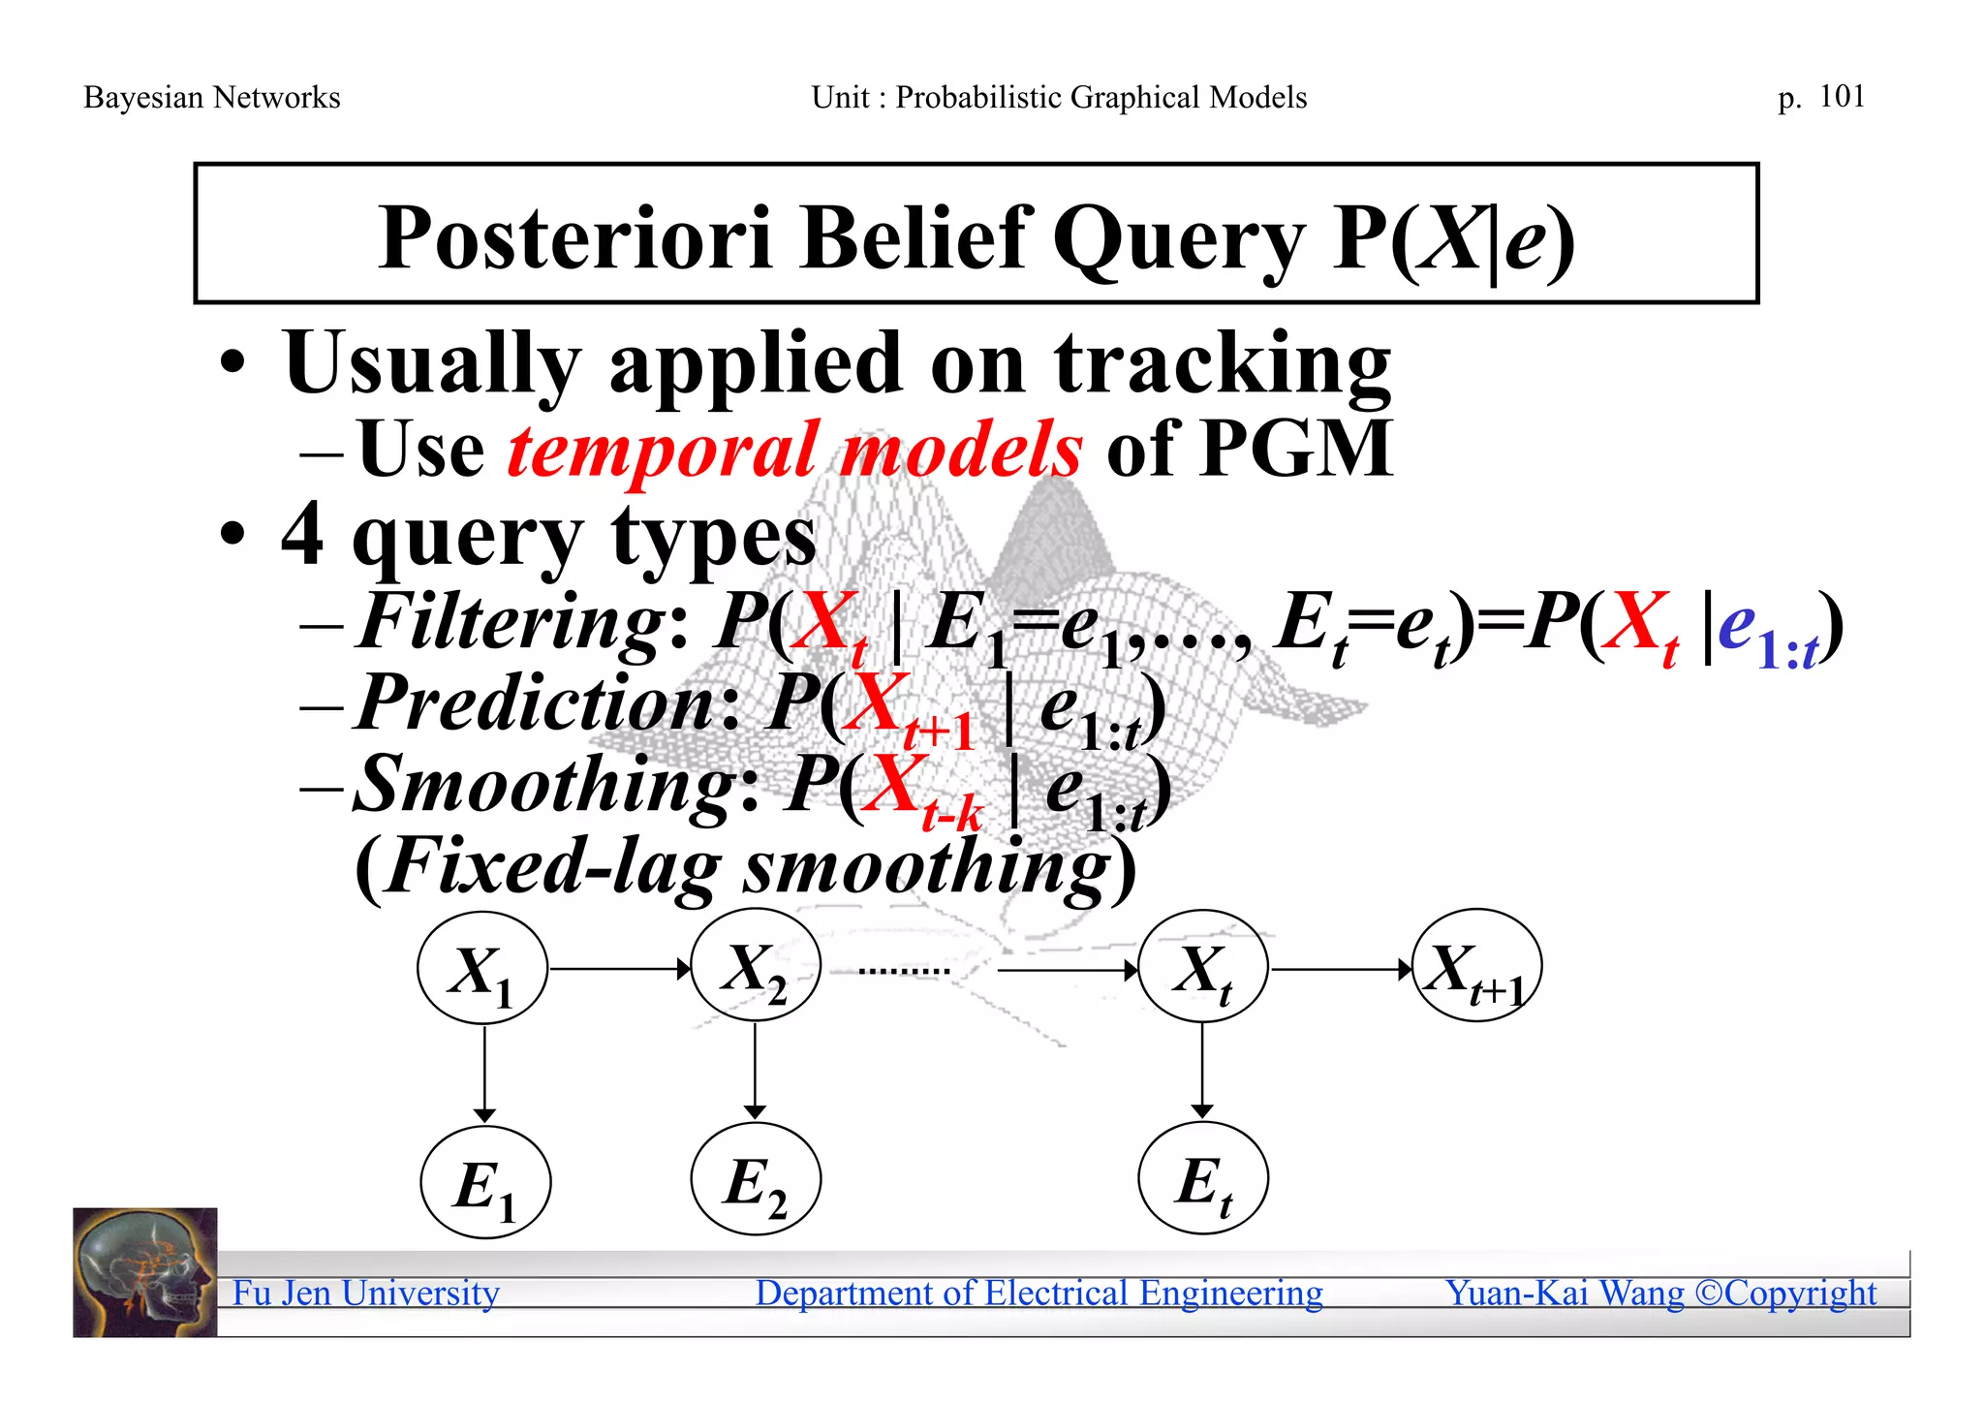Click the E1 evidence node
click(x=485, y=1183)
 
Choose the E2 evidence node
click(x=756, y=1180)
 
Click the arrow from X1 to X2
click(x=620, y=968)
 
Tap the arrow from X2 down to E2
click(x=756, y=1071)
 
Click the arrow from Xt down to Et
click(x=1202, y=1071)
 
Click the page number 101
click(x=1842, y=96)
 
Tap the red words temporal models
click(x=794, y=450)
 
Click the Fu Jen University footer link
click(x=365, y=1293)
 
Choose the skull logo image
click(x=145, y=1272)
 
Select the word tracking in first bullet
click(x=1223, y=364)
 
